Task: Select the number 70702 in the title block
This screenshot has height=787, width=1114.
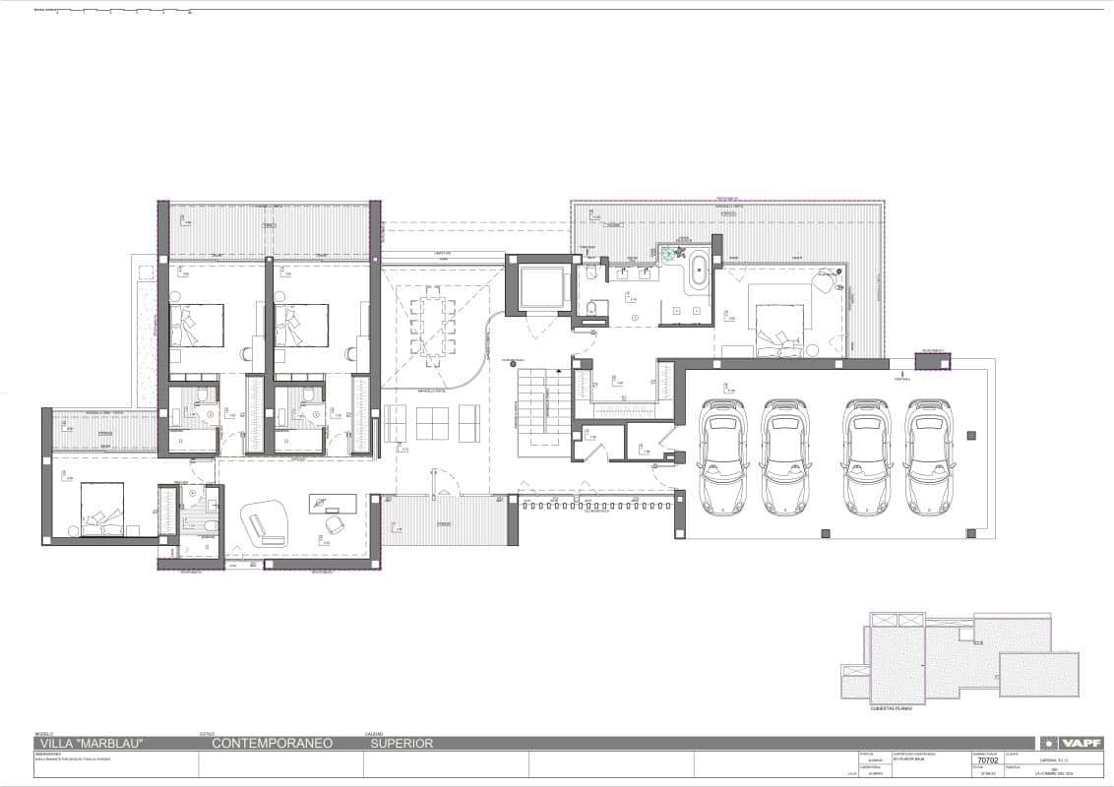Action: (x=987, y=760)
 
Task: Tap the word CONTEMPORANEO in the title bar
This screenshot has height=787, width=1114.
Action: (x=273, y=744)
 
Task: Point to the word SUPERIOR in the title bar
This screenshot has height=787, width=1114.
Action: (x=401, y=744)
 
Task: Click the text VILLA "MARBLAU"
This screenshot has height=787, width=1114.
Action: (x=90, y=744)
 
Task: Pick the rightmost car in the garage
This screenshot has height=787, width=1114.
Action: (x=927, y=455)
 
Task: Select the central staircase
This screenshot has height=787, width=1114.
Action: (x=538, y=410)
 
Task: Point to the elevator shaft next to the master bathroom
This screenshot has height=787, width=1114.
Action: (x=538, y=286)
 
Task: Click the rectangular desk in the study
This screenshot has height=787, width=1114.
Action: (x=332, y=503)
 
